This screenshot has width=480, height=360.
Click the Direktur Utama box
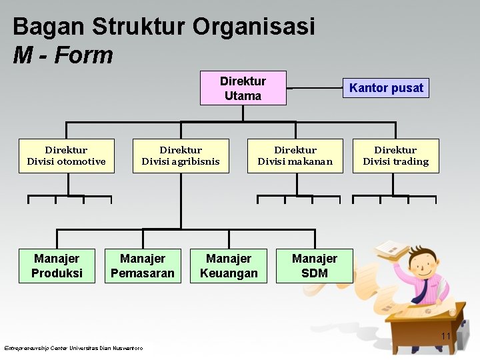pyautogui.click(x=243, y=88)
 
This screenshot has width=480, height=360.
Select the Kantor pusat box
pyautogui.click(x=386, y=88)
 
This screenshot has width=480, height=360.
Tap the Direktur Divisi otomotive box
pyautogui.click(x=66, y=156)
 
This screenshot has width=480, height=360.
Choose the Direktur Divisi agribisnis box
pyautogui.click(x=181, y=156)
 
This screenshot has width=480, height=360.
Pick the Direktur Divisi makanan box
pyautogui.click(x=295, y=156)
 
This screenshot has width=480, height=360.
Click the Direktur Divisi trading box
pyautogui.click(x=395, y=156)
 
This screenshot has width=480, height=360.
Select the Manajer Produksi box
pyautogui.click(x=57, y=265)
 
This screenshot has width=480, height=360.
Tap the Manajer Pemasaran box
pyautogui.click(x=143, y=265)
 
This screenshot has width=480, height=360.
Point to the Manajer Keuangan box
pyautogui.click(x=229, y=265)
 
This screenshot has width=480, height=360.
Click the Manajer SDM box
pyautogui.click(x=314, y=265)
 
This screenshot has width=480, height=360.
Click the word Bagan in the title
pyautogui.click(x=49, y=27)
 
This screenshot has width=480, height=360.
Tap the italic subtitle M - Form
pyautogui.click(x=63, y=55)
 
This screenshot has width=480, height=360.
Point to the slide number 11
pyautogui.click(x=446, y=335)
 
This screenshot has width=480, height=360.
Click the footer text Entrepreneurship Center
pyautogui.click(x=36, y=348)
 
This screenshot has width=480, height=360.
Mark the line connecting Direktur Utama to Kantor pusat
pyautogui.click(x=313, y=87)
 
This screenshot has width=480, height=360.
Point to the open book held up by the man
pyautogui.click(x=391, y=249)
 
